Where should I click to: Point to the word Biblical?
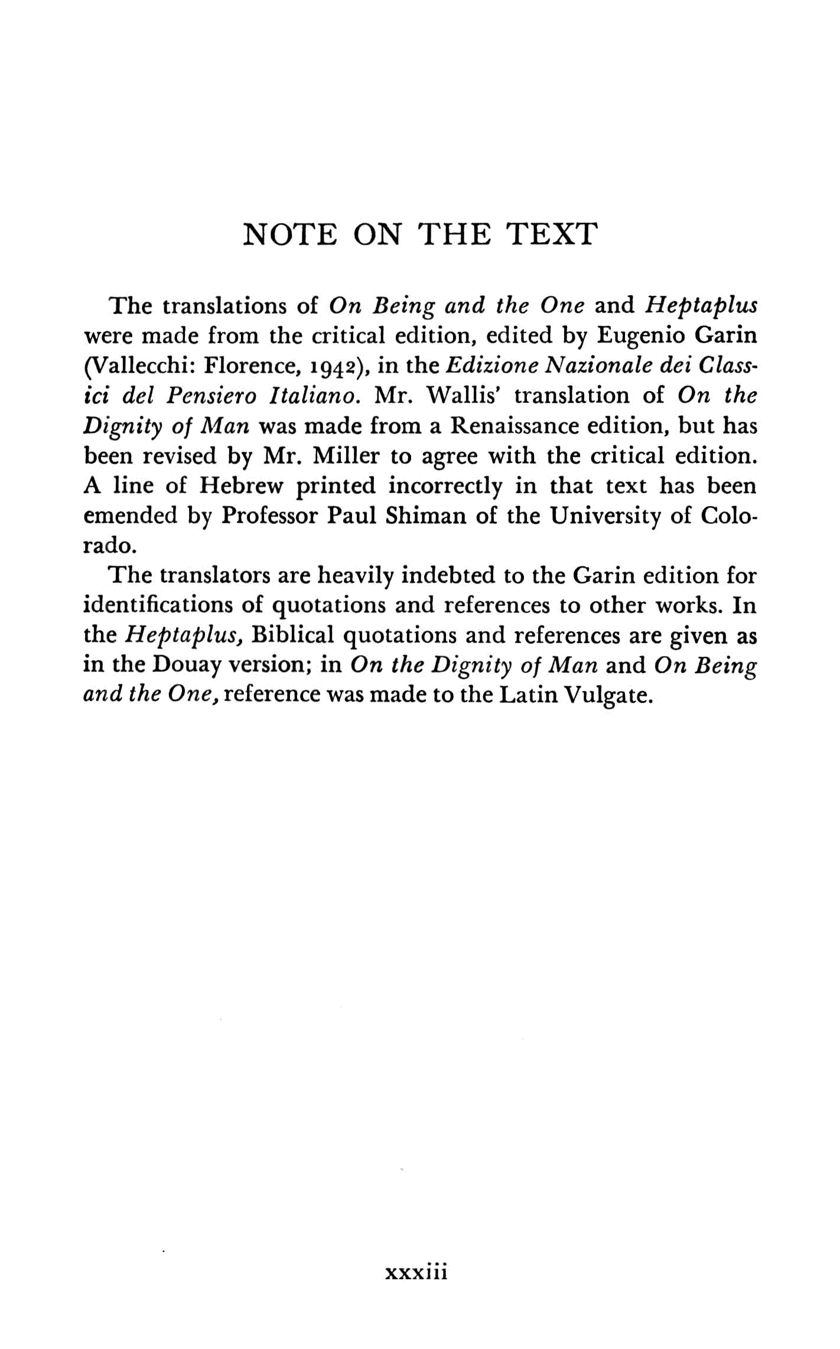click(x=292, y=636)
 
